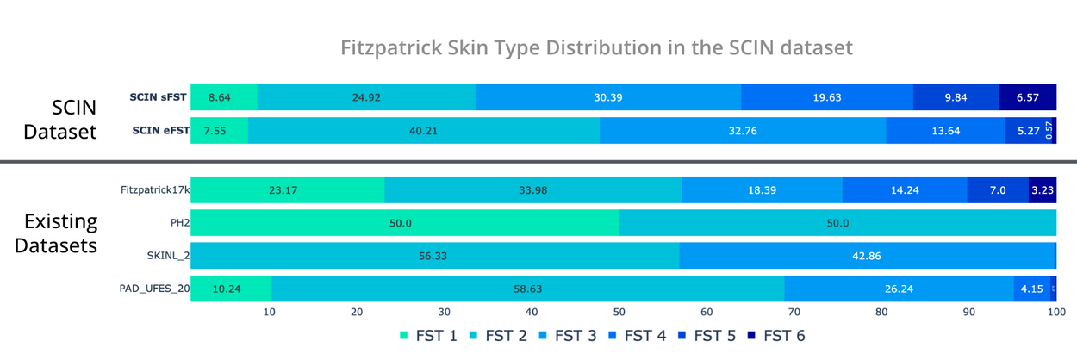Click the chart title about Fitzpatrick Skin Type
click(x=596, y=47)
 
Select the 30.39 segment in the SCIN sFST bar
click(x=607, y=97)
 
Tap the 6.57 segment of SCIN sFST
click(x=1027, y=97)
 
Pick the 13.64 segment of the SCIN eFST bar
click(x=945, y=131)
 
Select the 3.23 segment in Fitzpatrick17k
click(x=1043, y=190)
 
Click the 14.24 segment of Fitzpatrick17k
click(x=905, y=190)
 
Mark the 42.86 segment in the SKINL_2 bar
click(x=867, y=256)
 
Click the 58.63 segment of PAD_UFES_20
click(x=527, y=289)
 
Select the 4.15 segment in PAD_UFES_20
click(x=1031, y=289)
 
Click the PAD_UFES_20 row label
click(x=154, y=289)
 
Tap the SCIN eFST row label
click(x=159, y=131)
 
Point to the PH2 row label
click(x=179, y=223)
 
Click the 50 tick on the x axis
click(x=618, y=313)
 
